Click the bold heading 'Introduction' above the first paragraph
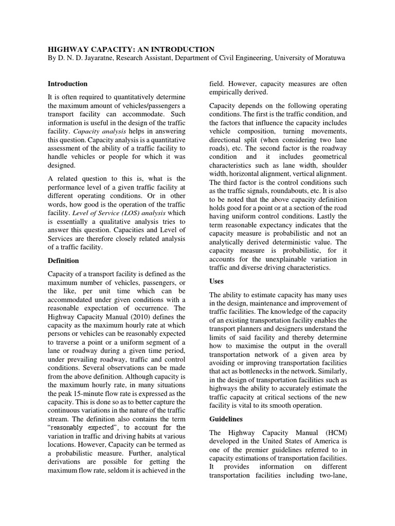pos(67,84)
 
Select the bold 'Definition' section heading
pos(63,261)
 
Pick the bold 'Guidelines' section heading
pos(227,419)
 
